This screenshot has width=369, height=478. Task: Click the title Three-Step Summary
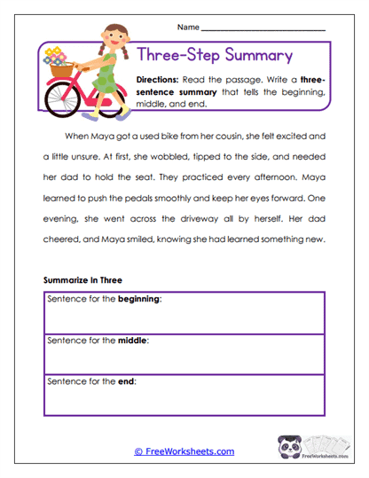point(216,56)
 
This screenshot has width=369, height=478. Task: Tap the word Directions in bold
point(160,80)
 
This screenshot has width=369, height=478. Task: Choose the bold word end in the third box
point(126,380)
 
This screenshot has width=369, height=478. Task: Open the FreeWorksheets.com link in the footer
point(184,451)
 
